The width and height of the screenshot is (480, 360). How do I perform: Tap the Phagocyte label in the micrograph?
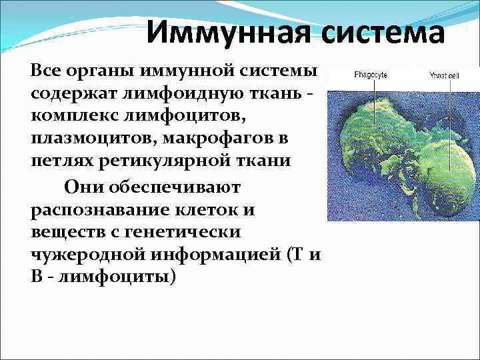pos(355,76)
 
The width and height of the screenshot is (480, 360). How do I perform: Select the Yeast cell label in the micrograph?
pos(443,76)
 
